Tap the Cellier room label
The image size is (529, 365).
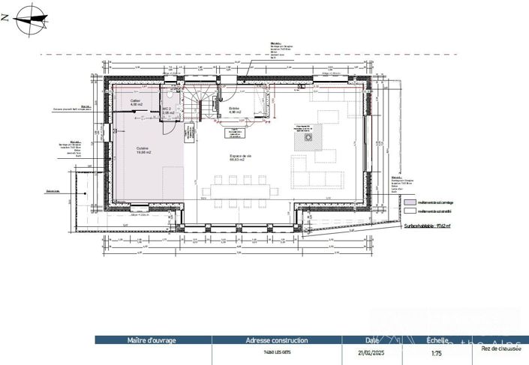tap(135, 101)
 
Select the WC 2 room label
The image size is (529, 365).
tap(167, 110)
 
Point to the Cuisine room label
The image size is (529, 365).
tap(143, 150)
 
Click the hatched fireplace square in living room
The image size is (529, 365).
tap(308, 137)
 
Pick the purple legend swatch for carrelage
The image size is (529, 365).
tap(409, 202)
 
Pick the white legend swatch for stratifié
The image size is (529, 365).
tap(409, 211)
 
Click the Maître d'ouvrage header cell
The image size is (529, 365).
tap(152, 340)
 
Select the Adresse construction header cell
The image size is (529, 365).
tap(266, 340)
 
